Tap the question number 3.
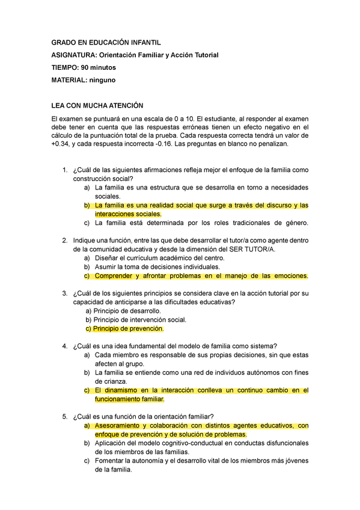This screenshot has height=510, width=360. [65, 293]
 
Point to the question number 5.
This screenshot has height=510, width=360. [65, 417]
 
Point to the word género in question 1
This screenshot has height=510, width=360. [294, 223]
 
